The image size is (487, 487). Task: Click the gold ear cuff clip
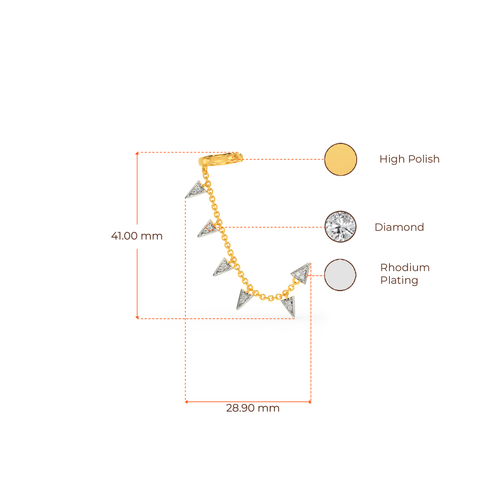(x=222, y=160)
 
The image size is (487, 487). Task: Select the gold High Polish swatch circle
(x=341, y=159)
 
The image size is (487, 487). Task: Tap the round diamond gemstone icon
(x=341, y=227)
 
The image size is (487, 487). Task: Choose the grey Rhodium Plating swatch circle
(x=341, y=275)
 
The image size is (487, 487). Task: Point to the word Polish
(x=424, y=159)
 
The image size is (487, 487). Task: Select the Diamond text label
(x=399, y=227)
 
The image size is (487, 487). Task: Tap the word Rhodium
(x=405, y=268)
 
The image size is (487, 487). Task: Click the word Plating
(x=399, y=281)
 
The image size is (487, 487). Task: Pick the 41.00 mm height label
(x=136, y=236)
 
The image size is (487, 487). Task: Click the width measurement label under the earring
(x=253, y=409)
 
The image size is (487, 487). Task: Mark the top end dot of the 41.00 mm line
(x=137, y=154)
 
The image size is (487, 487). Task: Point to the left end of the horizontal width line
(x=186, y=402)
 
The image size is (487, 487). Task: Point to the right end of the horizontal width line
(x=310, y=402)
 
